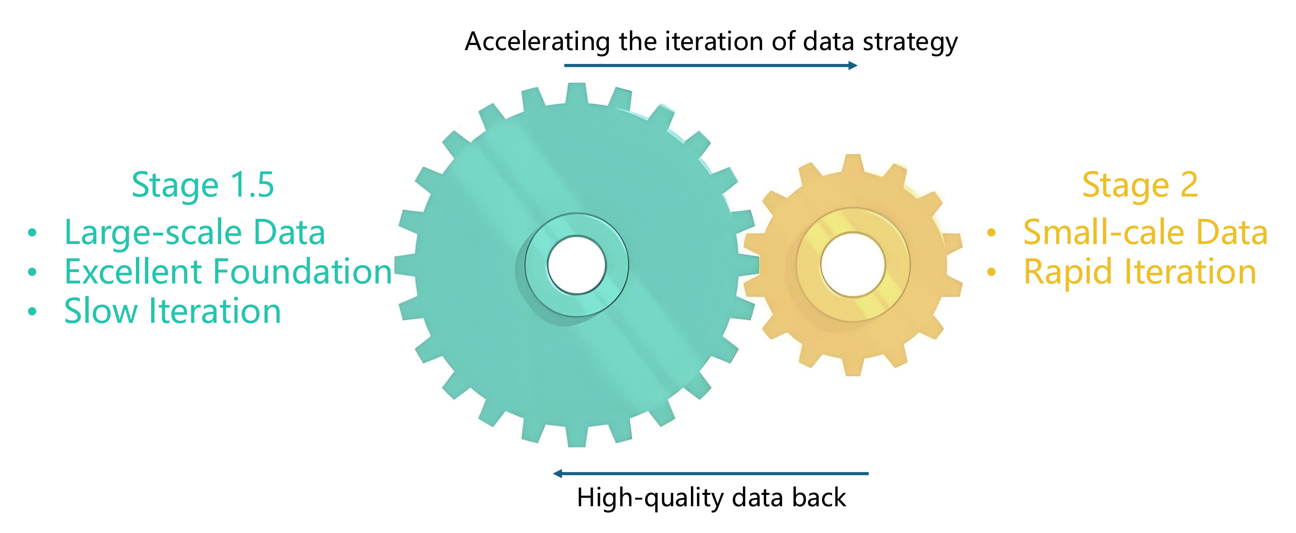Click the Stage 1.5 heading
tap(202, 185)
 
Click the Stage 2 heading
tap(1140, 185)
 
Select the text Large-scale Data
tap(195, 232)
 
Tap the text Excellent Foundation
tap(228, 272)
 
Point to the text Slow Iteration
tap(172, 311)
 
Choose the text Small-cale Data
tap(1145, 232)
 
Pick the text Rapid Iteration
tap(1140, 272)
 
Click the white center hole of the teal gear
tap(576, 265)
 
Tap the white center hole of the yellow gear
tap(853, 265)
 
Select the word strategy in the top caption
tap(910, 42)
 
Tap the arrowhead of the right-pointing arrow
tap(853, 65)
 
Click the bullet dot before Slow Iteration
tap(32, 311)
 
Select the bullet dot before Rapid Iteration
tap(991, 272)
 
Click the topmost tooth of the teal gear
tap(576, 93)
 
